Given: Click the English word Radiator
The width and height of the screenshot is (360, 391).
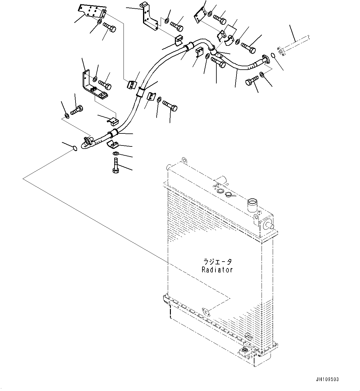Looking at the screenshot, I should [217, 270].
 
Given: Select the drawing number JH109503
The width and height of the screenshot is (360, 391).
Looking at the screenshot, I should [327, 380].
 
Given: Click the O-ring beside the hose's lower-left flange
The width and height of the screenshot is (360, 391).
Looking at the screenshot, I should [75, 149].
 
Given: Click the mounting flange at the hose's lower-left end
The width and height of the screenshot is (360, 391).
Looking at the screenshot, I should [88, 141].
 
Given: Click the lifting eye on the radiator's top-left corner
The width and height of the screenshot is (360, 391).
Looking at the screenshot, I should [184, 160].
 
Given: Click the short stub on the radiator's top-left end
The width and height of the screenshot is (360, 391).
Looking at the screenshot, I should [168, 167].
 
